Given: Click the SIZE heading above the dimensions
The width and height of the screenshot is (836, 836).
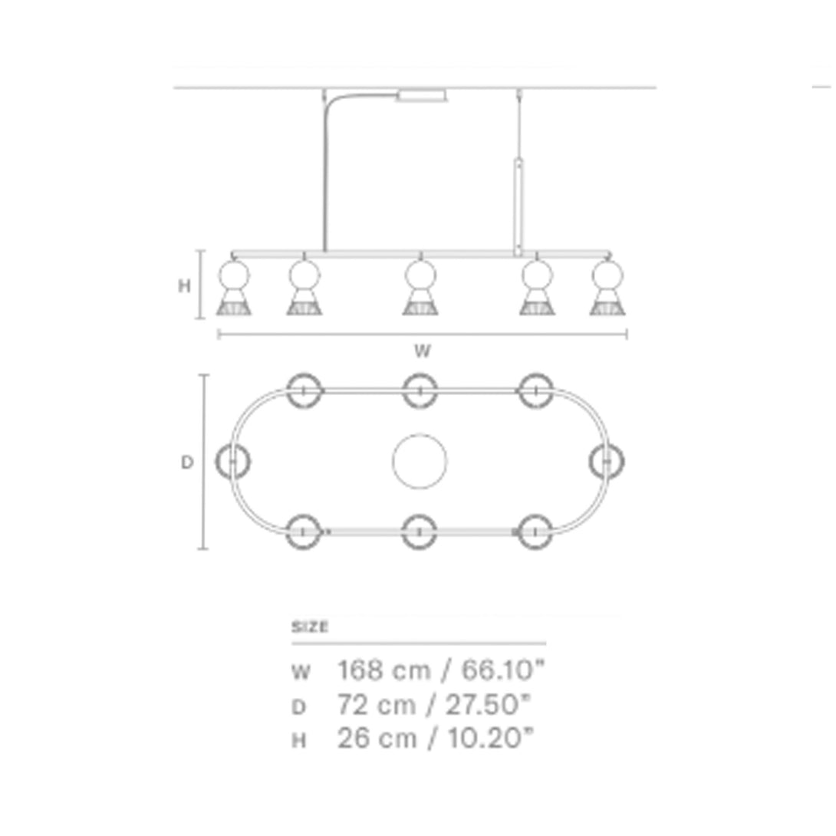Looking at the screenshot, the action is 309,627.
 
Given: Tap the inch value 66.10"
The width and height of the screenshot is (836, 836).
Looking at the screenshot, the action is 503,670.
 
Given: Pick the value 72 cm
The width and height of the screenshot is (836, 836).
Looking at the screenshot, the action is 376,705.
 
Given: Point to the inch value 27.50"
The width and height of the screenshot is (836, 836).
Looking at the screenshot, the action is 489,705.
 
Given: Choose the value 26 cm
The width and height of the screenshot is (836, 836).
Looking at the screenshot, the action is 377,739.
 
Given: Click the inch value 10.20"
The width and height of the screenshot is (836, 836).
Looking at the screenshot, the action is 490,739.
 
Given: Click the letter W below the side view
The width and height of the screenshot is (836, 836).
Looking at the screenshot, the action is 422,351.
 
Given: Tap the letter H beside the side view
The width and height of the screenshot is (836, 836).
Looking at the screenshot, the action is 184,286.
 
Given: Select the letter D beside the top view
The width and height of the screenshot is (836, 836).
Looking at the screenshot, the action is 186,462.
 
